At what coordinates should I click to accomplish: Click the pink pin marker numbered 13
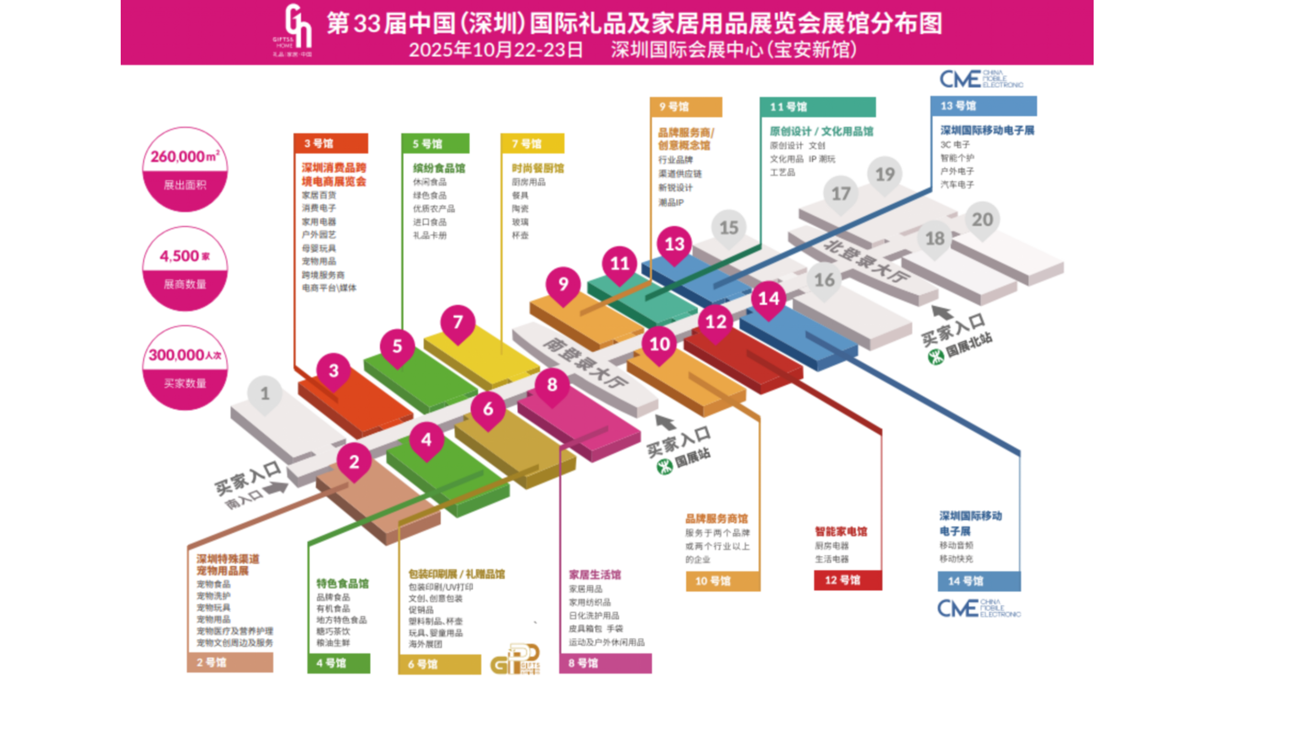click(x=674, y=244)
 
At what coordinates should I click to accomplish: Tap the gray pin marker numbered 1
click(x=264, y=393)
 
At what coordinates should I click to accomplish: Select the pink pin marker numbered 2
click(x=354, y=462)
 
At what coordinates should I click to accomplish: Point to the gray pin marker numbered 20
click(x=982, y=219)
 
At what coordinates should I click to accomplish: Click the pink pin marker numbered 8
click(x=552, y=384)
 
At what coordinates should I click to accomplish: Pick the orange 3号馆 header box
click(x=331, y=144)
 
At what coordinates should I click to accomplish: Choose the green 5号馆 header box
click(x=435, y=144)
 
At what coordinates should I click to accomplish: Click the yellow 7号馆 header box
click(x=532, y=144)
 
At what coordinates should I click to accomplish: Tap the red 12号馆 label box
click(x=848, y=580)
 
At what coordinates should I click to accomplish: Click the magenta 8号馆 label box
click(x=605, y=663)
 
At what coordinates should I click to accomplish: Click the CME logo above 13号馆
click(x=981, y=79)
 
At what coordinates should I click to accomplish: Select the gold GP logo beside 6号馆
click(x=515, y=660)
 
